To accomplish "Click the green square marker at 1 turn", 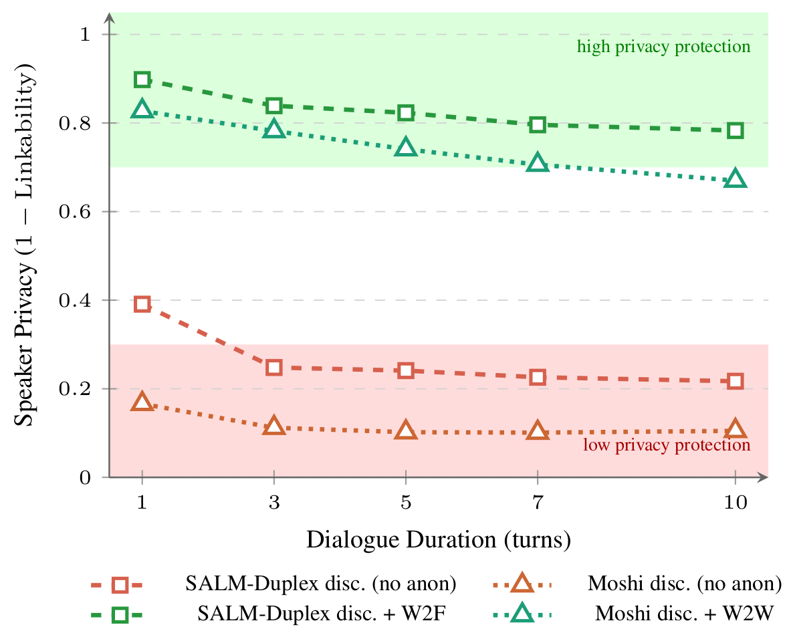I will [x=142, y=80].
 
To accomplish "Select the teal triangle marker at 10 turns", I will [x=735, y=179].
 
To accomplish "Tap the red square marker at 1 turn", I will [x=142, y=304].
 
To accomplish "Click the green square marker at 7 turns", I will [x=538, y=124].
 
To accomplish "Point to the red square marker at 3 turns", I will [x=273, y=367].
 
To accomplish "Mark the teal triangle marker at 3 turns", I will [x=273, y=130].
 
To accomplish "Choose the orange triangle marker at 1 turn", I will [x=142, y=402].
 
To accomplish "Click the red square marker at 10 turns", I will [x=735, y=381].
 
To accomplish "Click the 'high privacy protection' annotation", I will [x=663, y=47].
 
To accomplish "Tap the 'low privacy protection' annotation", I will [x=666, y=445].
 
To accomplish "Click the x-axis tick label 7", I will [x=538, y=504].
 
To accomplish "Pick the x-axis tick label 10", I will [x=735, y=504].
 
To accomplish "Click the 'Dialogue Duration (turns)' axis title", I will [x=439, y=539].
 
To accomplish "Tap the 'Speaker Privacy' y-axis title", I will [x=25, y=248].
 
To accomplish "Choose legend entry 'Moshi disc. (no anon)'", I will [x=684, y=584].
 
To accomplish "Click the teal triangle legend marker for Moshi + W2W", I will [x=522, y=612].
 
